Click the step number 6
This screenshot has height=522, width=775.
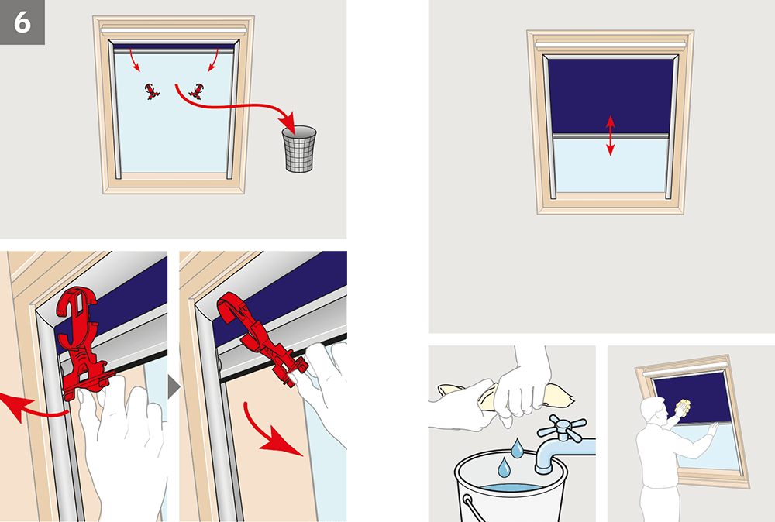coord(22,22)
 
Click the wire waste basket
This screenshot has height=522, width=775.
coord(299,149)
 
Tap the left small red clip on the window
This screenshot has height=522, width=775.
coord(152,92)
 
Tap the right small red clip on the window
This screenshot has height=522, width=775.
coord(196,91)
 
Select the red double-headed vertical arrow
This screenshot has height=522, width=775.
coord(611,136)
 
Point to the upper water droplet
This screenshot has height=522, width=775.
coord(517,448)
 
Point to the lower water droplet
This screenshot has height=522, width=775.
coord(504,467)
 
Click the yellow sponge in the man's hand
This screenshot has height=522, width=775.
coord(683,407)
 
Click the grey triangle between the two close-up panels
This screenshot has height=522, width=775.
coord(174,386)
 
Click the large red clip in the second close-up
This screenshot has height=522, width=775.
coord(260,336)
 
